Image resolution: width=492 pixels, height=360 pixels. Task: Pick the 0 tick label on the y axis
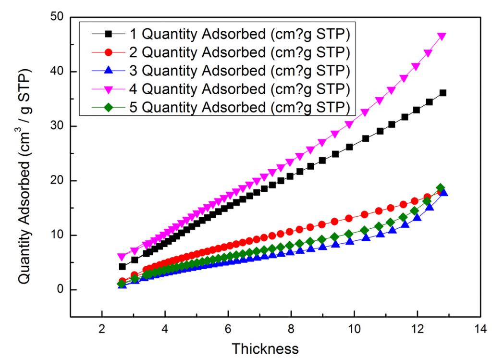pyautogui.click(x=61, y=290)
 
